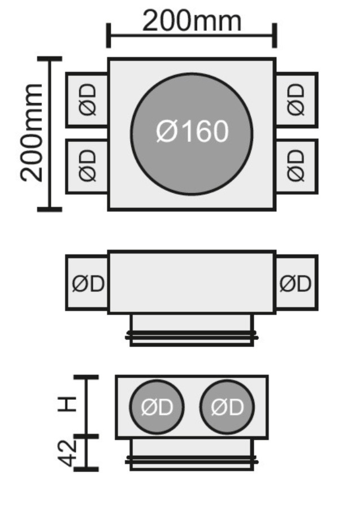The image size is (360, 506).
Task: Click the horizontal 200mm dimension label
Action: click(192, 21)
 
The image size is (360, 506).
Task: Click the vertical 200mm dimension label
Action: click(32, 133)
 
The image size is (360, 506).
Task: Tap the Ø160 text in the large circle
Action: click(192, 132)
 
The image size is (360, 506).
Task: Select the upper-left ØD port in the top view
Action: click(87, 99)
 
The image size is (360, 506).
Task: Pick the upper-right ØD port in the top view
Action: click(296, 99)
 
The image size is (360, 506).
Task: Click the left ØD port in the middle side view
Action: click(88, 283)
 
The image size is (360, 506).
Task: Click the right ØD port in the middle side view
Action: click(296, 283)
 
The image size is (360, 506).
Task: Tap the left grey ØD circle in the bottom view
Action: click(157, 407)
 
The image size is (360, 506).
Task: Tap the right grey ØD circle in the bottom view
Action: click(227, 407)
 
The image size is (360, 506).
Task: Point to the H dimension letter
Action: click(68, 404)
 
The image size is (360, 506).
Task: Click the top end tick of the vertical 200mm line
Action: click(50, 58)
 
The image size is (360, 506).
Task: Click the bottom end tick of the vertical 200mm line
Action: click(50, 210)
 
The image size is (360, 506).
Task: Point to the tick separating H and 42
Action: click(86, 436)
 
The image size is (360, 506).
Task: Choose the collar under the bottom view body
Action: click(192, 455)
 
